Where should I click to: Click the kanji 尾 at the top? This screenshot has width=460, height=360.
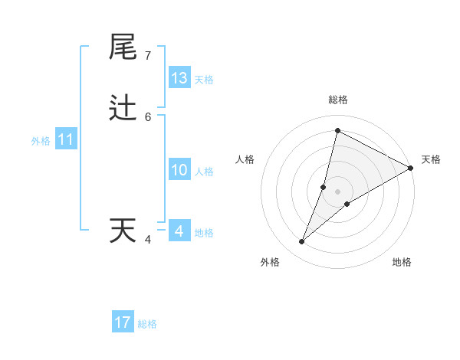pyautogui.click(x=123, y=47)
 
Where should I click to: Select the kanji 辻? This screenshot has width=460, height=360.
pyautogui.click(x=123, y=108)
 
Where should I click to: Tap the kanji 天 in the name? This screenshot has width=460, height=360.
pyautogui.click(x=123, y=231)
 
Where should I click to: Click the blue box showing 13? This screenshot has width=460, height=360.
pyautogui.click(x=179, y=78)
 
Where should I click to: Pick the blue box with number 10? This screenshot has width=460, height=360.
pyautogui.click(x=179, y=170)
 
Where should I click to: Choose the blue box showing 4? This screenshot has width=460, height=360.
pyautogui.click(x=179, y=231)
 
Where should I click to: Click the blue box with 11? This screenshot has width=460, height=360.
pyautogui.click(x=66, y=139)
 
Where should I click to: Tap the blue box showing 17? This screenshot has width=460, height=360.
pyautogui.click(x=123, y=322)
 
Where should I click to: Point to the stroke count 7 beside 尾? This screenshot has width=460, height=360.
pyautogui.click(x=148, y=56)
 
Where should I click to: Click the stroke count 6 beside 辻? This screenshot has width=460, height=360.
pyautogui.click(x=148, y=117)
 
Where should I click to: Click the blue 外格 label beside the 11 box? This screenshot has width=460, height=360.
pyautogui.click(x=41, y=141)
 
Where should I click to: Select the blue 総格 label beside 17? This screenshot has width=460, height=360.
pyautogui.click(x=147, y=324)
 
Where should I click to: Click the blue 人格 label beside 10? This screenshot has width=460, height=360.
pyautogui.click(x=205, y=172)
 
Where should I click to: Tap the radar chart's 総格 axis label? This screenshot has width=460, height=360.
pyautogui.click(x=338, y=100)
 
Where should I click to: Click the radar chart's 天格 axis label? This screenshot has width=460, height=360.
pyautogui.click(x=431, y=159)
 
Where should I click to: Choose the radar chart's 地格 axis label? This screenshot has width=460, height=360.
pyautogui.click(x=402, y=262)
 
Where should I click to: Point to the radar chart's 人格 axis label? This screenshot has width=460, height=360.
pyautogui.click(x=245, y=159)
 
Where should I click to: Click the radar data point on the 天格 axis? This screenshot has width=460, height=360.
pyautogui.click(x=411, y=168)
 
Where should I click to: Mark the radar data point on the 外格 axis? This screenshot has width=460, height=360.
pyautogui.click(x=302, y=242)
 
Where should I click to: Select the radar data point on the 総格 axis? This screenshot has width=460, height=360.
pyautogui.click(x=337, y=130)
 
